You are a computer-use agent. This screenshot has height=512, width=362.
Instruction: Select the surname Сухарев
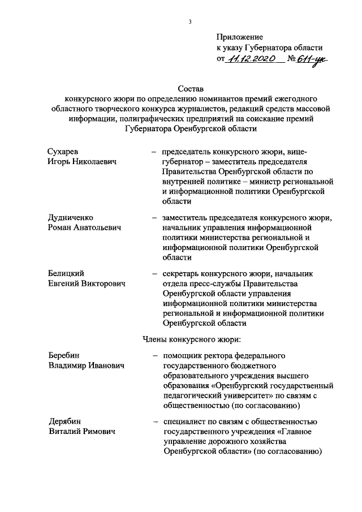[x=63, y=152]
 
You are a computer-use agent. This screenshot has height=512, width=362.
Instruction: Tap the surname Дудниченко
[x=71, y=218]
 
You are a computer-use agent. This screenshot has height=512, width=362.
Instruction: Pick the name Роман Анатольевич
[x=85, y=227]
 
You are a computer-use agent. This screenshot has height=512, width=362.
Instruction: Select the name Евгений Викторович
[x=87, y=283]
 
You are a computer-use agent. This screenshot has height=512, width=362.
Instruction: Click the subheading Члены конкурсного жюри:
[x=191, y=339]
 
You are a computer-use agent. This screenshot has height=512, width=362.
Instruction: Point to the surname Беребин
[x=64, y=356]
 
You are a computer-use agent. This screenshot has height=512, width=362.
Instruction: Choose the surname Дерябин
[x=64, y=421]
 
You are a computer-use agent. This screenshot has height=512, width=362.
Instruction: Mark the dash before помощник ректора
[x=154, y=356]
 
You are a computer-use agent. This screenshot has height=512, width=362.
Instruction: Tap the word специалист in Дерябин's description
[x=183, y=421]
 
